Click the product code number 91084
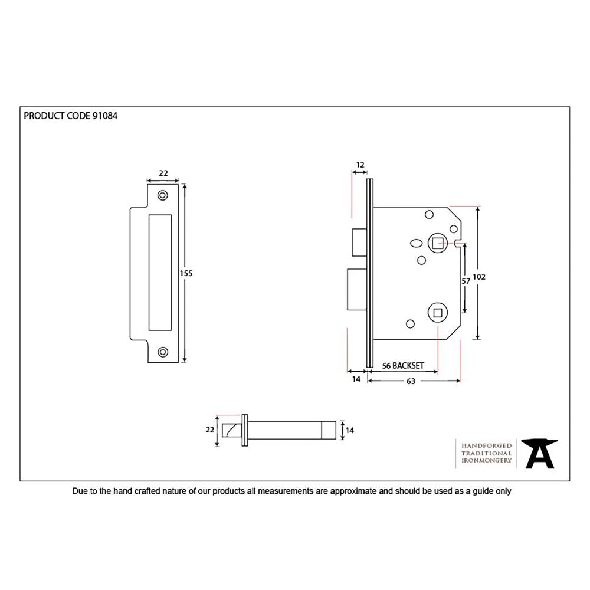pyautogui.click(x=105, y=116)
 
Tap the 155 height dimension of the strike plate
pyautogui.click(x=186, y=273)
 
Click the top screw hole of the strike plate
pyautogui.click(x=162, y=195)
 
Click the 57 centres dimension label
pyautogui.click(x=466, y=281)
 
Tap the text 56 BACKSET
pyautogui.click(x=402, y=366)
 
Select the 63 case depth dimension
pyautogui.click(x=411, y=382)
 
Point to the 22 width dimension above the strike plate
pyautogui.click(x=163, y=173)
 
